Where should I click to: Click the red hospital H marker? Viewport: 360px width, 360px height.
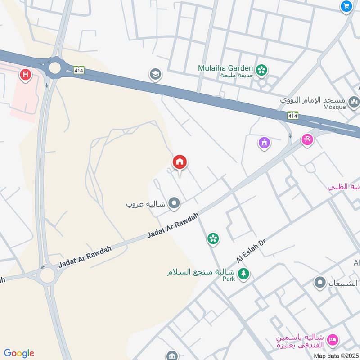coord(25,75)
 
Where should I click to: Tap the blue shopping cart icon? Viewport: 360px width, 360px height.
coord(346,6)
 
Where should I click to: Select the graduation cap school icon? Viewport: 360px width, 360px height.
coord(155,74)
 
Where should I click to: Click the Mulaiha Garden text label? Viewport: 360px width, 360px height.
coord(225,68)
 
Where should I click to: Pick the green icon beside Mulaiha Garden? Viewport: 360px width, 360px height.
coord(261,70)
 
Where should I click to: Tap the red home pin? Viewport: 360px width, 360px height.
coord(180,162)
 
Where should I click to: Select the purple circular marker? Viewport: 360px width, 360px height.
coord(264,143)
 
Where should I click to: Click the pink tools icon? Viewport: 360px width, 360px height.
coord(307,140)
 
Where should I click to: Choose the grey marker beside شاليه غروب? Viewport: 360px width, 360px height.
coord(174,204)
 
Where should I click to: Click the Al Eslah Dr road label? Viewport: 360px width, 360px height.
coord(252,251)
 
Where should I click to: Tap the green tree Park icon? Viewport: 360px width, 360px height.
coord(243,273)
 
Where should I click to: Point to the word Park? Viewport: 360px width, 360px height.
coord(229,279)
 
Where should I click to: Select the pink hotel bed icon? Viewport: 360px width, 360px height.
coord(333,340)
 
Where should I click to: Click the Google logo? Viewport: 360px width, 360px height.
coord(19,353)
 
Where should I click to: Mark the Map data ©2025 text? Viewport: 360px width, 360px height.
coord(335,355)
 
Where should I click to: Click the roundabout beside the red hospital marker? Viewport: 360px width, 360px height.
coord(55,68)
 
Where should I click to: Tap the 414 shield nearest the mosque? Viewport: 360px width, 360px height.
coord(293,115)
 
